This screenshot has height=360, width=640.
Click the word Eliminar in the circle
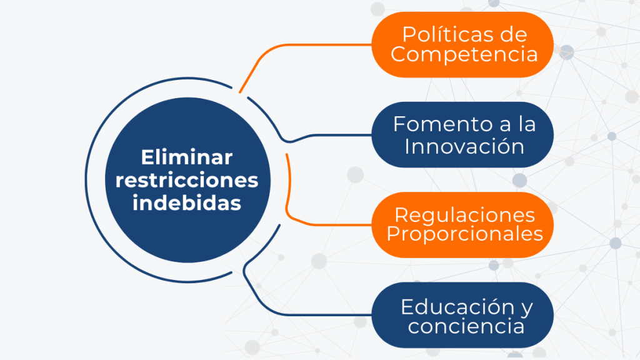(x=186, y=157)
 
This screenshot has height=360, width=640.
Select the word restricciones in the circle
(x=187, y=180)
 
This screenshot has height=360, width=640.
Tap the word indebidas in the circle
(x=187, y=203)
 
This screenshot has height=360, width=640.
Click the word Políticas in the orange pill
(x=441, y=34)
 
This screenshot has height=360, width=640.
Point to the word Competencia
(x=464, y=54)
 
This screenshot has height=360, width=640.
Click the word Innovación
(x=464, y=146)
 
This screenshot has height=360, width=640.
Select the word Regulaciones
(x=464, y=216)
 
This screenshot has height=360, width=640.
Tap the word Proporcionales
(x=464, y=234)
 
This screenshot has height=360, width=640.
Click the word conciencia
(x=466, y=326)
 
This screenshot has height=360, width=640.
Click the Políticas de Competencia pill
(x=462, y=44)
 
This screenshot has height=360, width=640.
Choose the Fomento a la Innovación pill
(x=462, y=135)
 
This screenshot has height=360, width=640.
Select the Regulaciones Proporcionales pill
(x=462, y=225)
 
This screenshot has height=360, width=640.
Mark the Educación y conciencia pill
(x=462, y=315)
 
